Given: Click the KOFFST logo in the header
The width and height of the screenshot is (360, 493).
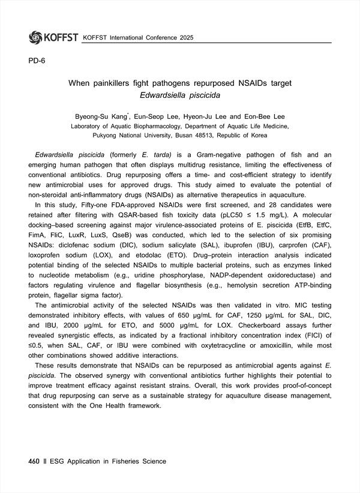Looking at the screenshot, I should pos(53,38).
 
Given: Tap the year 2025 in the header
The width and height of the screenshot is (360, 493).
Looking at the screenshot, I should pos(184,38).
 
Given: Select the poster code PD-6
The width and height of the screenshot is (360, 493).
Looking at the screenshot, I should pos(37,61).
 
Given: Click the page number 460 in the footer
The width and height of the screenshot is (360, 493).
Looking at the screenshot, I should pos(34,461).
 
